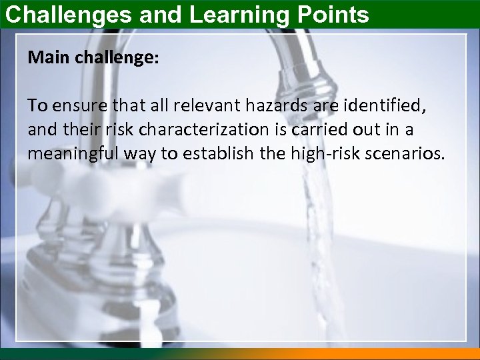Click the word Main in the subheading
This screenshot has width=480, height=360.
(x=47, y=57)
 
